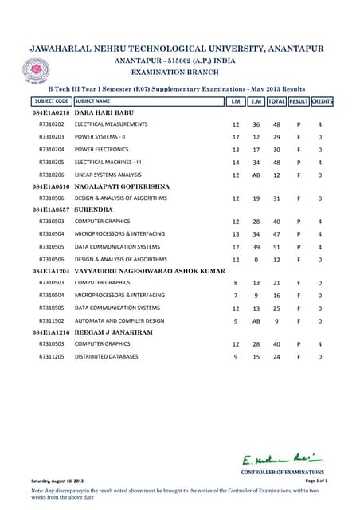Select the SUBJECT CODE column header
point(51,102)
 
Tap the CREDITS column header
point(322,102)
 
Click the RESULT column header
point(299,102)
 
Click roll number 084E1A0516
point(51,186)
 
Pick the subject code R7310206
point(51,174)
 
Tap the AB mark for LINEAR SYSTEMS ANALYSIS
point(256,175)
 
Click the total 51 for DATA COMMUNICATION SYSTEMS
point(276,247)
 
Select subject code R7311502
point(51,320)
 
